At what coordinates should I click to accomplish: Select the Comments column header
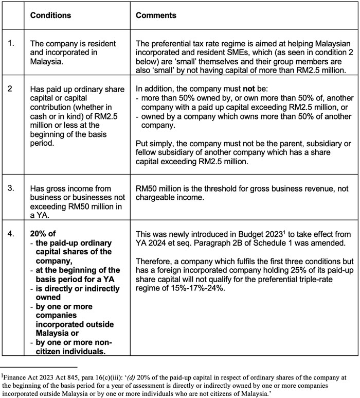click(156, 15)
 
